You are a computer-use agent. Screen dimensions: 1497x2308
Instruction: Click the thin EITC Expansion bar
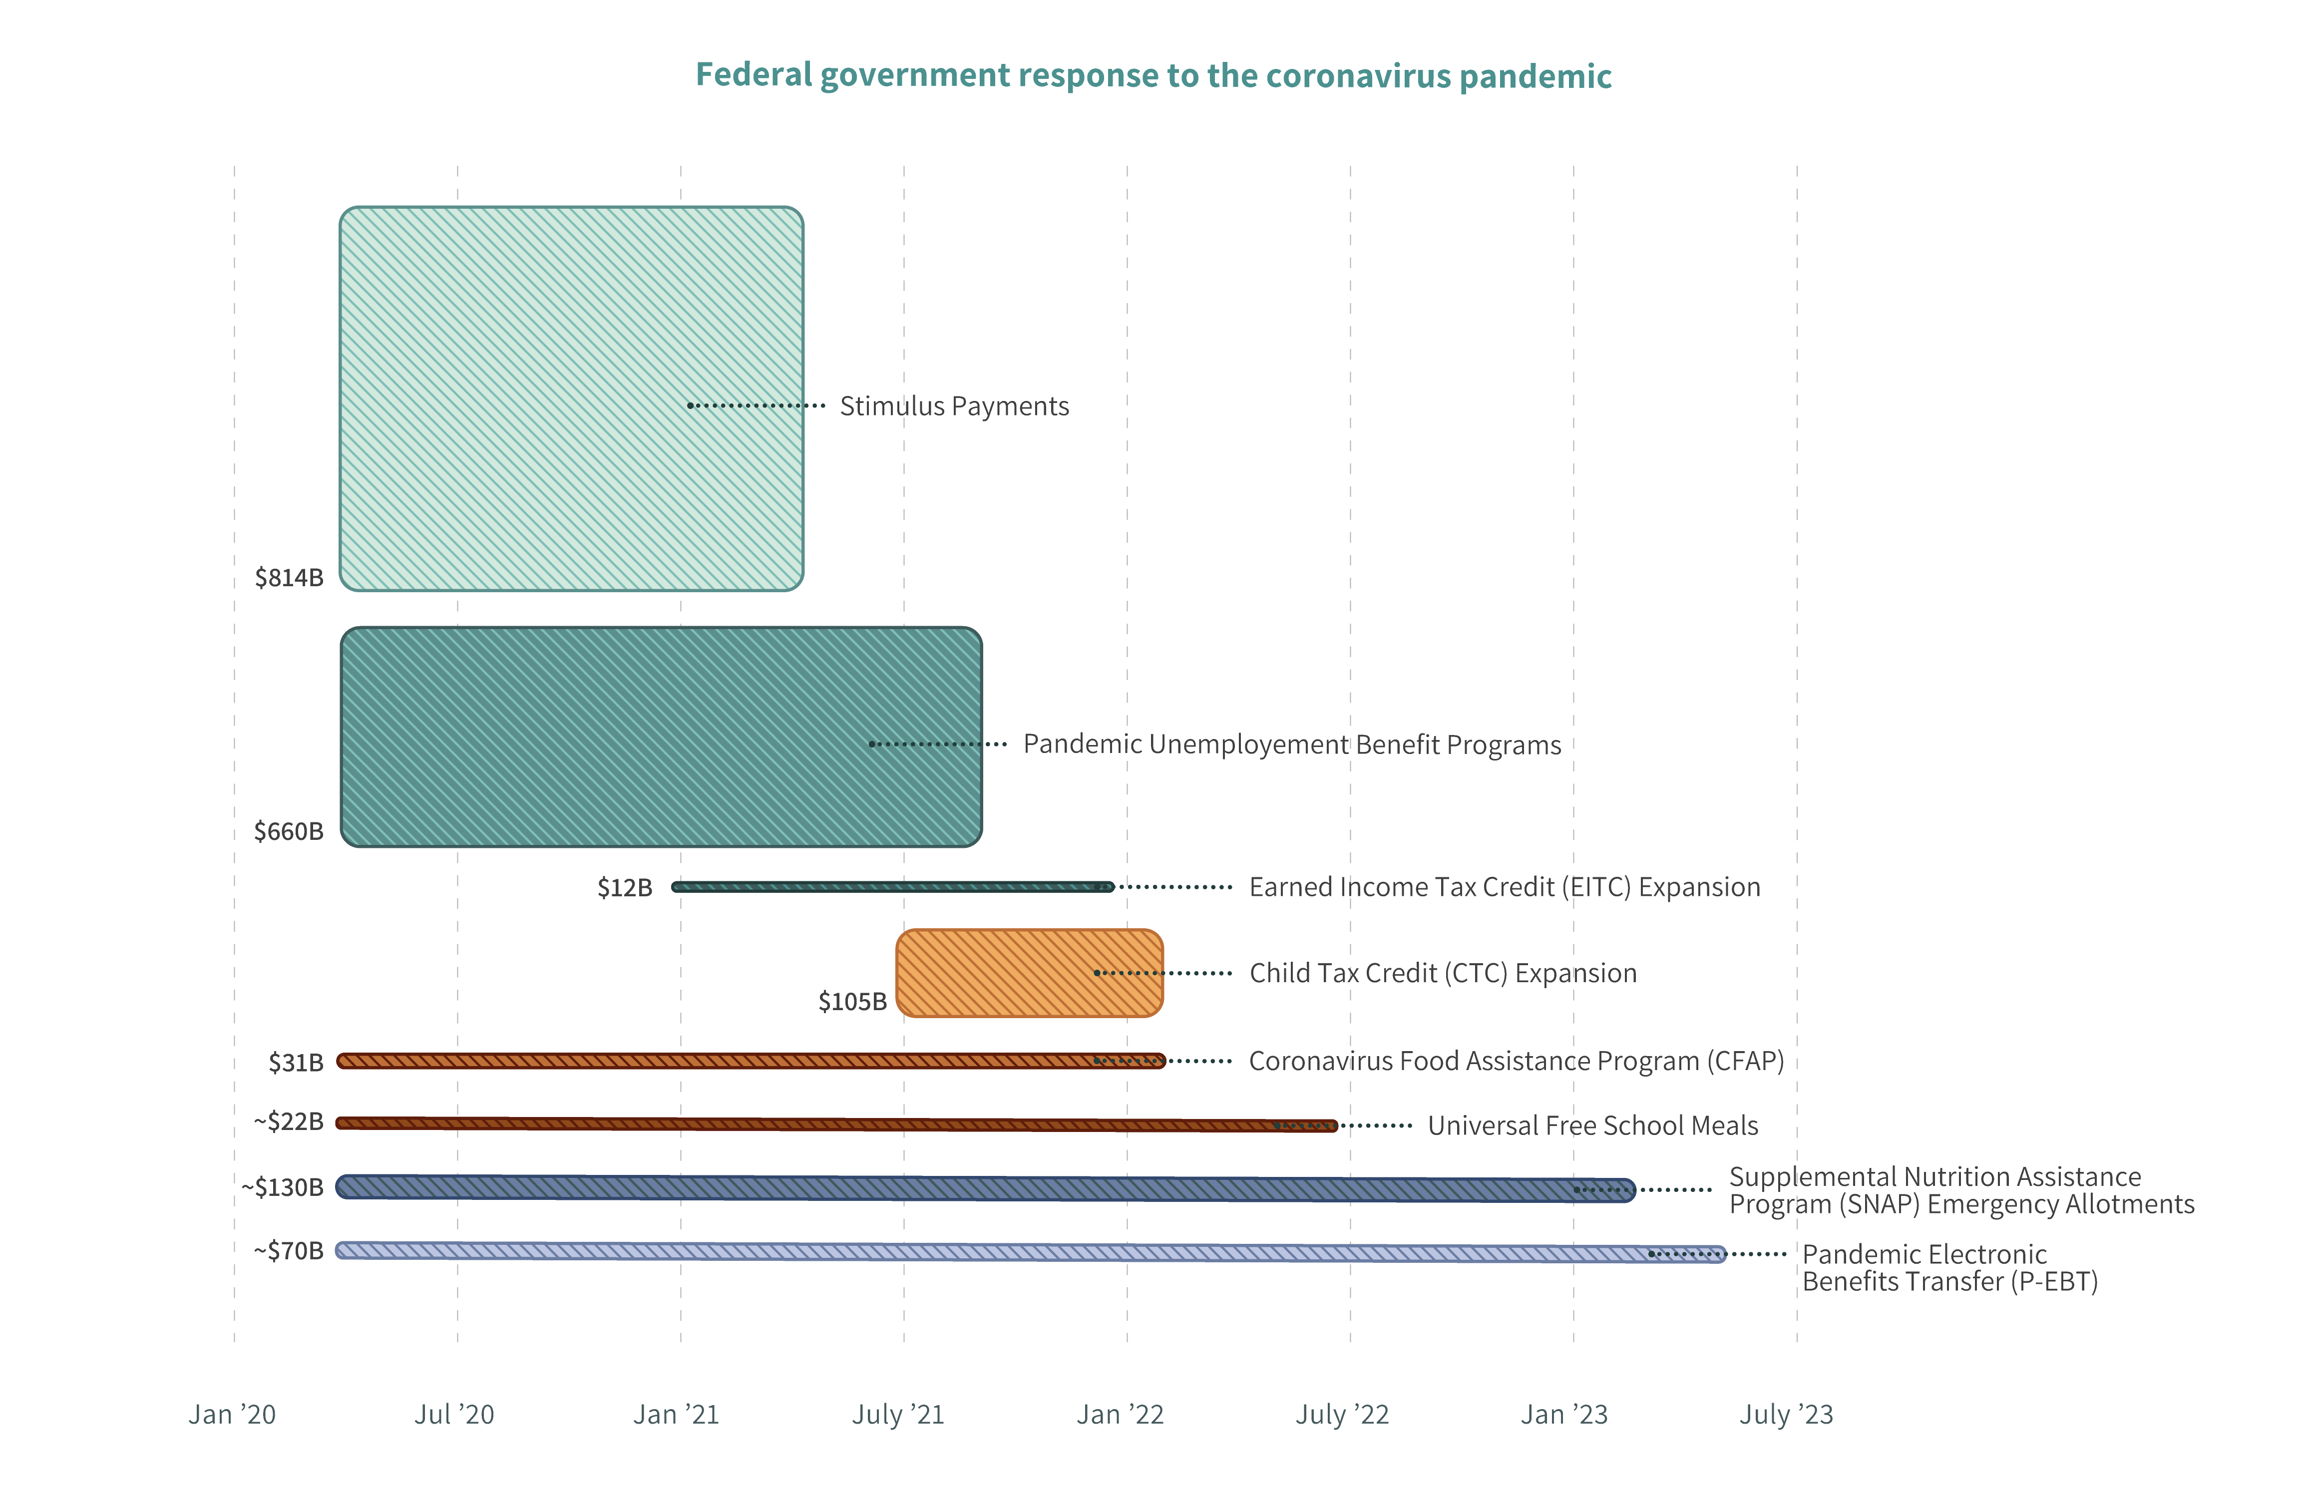pyautogui.click(x=873, y=886)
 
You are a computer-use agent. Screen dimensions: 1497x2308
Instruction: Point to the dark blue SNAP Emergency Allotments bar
pyautogui.click(x=970, y=1188)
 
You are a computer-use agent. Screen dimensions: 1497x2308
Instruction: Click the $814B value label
pyautogui.click(x=289, y=578)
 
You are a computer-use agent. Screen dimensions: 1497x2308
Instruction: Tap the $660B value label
pyautogui.click(x=289, y=831)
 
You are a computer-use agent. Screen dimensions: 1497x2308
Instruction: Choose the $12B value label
pyautogui.click(x=625, y=887)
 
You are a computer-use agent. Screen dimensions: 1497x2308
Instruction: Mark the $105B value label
pyautogui.click(x=852, y=1002)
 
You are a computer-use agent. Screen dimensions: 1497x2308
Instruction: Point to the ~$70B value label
pyautogui.click(x=289, y=1251)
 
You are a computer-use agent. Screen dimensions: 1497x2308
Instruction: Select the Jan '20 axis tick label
pyautogui.click(x=233, y=1415)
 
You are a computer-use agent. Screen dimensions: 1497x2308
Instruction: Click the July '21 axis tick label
pyautogui.click(x=898, y=1415)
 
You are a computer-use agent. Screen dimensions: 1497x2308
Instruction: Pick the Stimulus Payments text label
pyautogui.click(x=954, y=406)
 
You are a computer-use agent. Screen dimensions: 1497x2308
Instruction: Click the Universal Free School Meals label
pyautogui.click(x=1592, y=1125)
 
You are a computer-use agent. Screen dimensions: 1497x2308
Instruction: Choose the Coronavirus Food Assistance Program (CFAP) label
pyautogui.click(x=1516, y=1061)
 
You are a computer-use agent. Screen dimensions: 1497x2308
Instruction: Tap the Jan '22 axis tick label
pyautogui.click(x=1120, y=1415)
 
